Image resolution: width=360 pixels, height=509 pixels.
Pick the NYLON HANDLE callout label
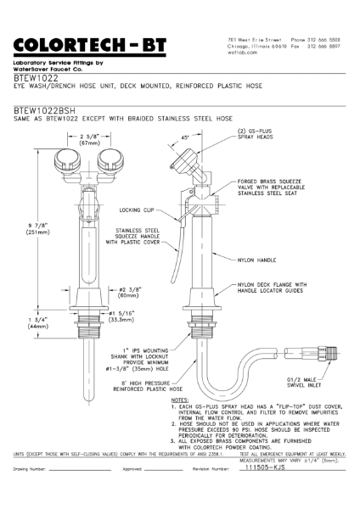(x=254, y=260)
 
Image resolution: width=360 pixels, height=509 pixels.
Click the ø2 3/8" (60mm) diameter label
(x=129, y=296)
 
